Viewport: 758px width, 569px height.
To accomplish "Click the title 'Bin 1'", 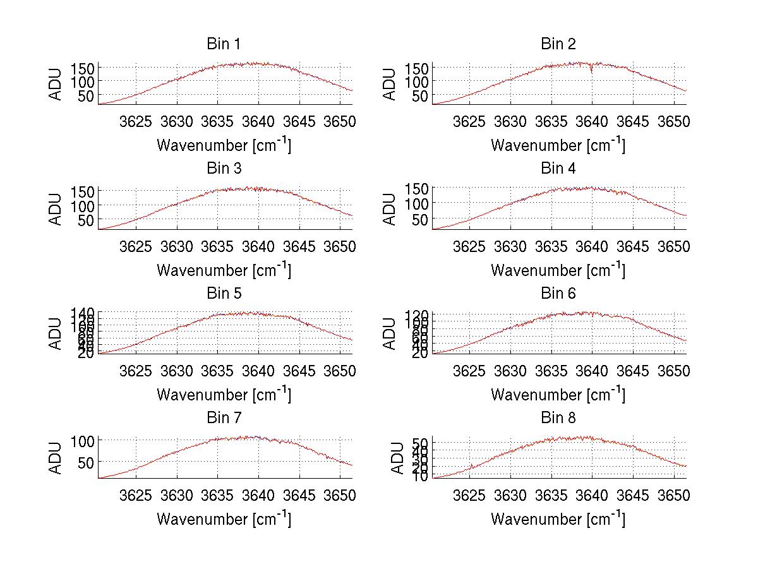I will [224, 44].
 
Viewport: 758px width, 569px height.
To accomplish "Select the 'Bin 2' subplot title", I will [558, 44].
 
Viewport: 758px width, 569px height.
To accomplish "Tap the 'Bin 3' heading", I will [224, 169].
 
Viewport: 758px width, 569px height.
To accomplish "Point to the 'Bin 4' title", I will [558, 169].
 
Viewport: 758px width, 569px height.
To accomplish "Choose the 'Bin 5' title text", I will [224, 294].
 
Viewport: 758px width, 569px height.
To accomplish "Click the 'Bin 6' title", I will [558, 294].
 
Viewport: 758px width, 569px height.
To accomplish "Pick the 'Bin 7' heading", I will [224, 418].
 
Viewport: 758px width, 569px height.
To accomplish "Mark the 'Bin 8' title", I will [558, 418].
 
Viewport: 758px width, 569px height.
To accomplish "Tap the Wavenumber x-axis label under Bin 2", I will [558, 145].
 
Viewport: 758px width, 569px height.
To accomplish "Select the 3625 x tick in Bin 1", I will [136, 121].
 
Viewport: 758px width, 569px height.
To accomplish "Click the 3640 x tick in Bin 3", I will [258, 246].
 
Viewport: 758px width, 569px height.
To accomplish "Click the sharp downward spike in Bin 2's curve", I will [591, 71].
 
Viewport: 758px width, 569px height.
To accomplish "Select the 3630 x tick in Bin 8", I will [510, 495].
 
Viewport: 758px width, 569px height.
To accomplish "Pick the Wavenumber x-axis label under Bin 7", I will [224, 518].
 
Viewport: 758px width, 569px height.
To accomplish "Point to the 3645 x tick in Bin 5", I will [299, 371].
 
